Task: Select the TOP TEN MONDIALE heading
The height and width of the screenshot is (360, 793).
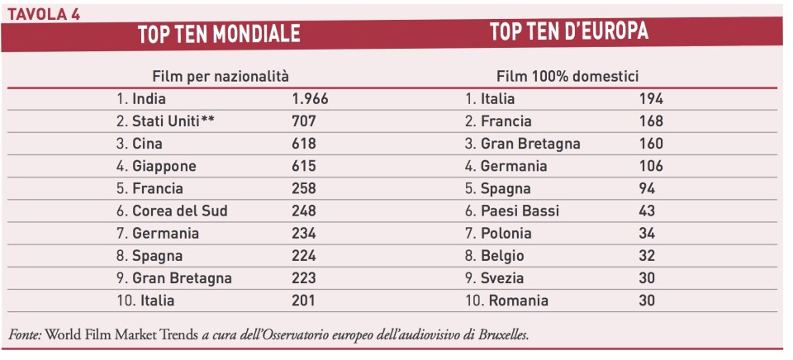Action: pos(219,34)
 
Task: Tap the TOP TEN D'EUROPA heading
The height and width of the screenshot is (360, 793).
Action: pos(569,32)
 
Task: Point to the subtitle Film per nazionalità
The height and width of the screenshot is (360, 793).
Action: pos(221,76)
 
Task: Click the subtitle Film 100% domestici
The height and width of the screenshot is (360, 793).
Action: pos(567,76)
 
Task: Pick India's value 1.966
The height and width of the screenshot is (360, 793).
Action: pos(310,99)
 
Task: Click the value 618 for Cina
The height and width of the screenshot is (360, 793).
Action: pos(304,144)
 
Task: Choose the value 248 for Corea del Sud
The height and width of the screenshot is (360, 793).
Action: pos(304,211)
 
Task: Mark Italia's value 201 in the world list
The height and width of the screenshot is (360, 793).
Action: pos(304,301)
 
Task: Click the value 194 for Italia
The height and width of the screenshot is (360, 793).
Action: pos(651,99)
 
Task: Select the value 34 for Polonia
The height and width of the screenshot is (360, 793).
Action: pos(647,234)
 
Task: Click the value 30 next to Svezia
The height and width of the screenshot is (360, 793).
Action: pos(647,278)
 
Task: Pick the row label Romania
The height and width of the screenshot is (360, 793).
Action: pos(518,301)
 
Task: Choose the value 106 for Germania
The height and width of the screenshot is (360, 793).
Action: pos(651,166)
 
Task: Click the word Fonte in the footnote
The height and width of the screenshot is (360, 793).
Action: pos(26,334)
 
